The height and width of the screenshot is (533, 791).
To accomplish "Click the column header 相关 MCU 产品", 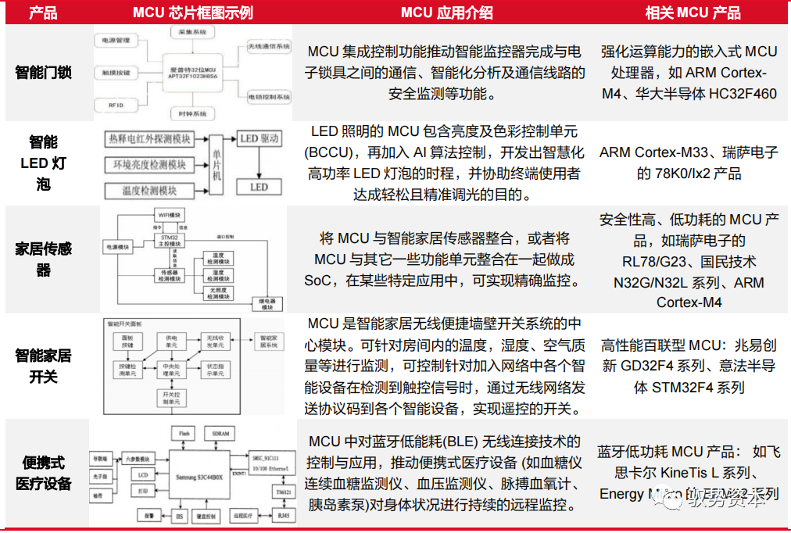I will [693, 13].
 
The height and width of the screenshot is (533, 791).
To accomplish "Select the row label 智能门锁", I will [44, 73].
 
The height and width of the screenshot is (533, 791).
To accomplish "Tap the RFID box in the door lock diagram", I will [116, 103].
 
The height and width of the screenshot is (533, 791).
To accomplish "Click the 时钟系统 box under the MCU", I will [192, 114].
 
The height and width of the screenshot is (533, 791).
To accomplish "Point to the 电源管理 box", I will [116, 40].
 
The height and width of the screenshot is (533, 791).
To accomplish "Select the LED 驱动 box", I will [259, 139].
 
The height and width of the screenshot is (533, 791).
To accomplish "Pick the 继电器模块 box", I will [267, 304].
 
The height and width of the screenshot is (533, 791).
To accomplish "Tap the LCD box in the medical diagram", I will [142, 474].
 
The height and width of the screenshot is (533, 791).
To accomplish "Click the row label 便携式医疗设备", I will [44, 473].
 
